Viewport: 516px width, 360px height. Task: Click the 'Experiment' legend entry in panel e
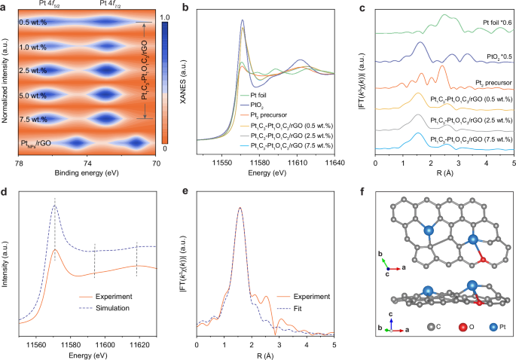click(316, 297)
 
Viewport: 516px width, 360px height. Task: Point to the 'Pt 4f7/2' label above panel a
click(112, 5)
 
